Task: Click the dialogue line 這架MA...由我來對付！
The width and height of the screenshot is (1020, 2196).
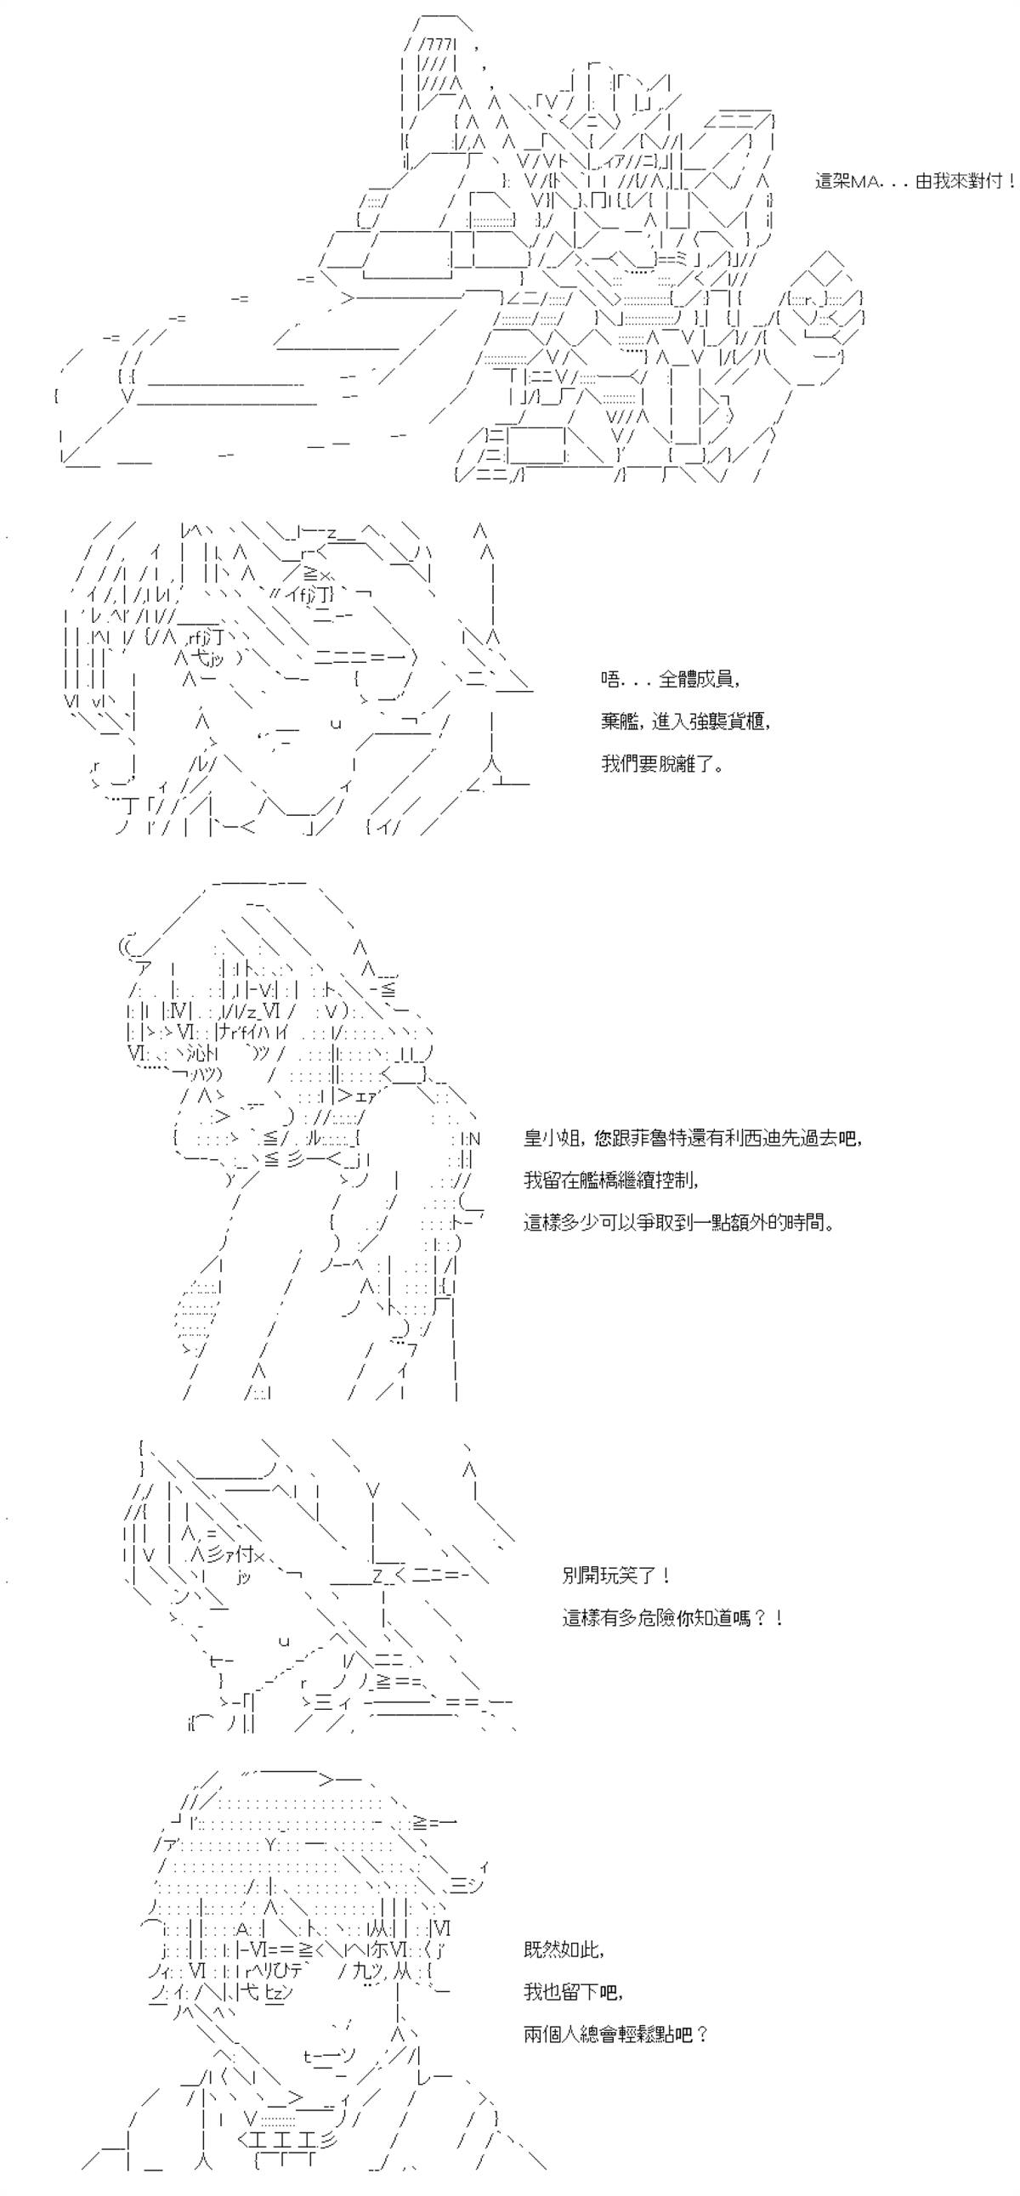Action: click(x=915, y=182)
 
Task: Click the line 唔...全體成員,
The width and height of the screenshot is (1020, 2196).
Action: click(x=670, y=680)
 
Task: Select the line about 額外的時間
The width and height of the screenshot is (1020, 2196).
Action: click(x=679, y=1221)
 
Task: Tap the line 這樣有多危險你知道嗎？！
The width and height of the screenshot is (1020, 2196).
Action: click(x=672, y=1617)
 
